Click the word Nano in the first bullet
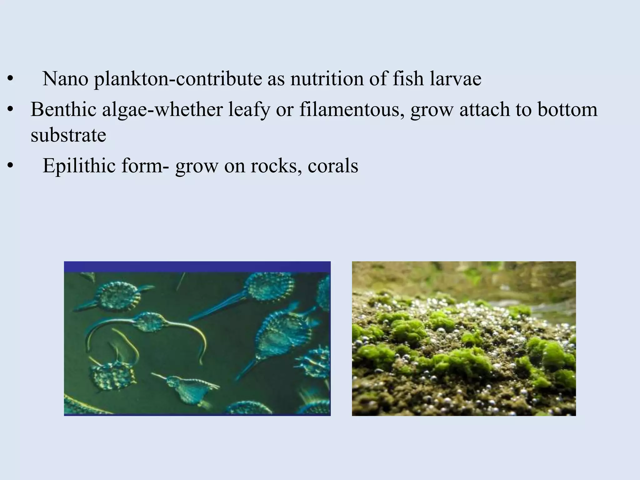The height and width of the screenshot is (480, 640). point(65,79)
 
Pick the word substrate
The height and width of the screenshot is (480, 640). point(68,135)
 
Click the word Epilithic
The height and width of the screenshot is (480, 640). point(79,166)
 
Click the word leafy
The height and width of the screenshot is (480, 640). point(249,110)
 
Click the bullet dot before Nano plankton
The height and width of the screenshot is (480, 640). point(11,79)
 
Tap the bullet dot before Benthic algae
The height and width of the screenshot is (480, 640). point(11,110)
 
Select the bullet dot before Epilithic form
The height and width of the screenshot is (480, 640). point(11,166)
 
